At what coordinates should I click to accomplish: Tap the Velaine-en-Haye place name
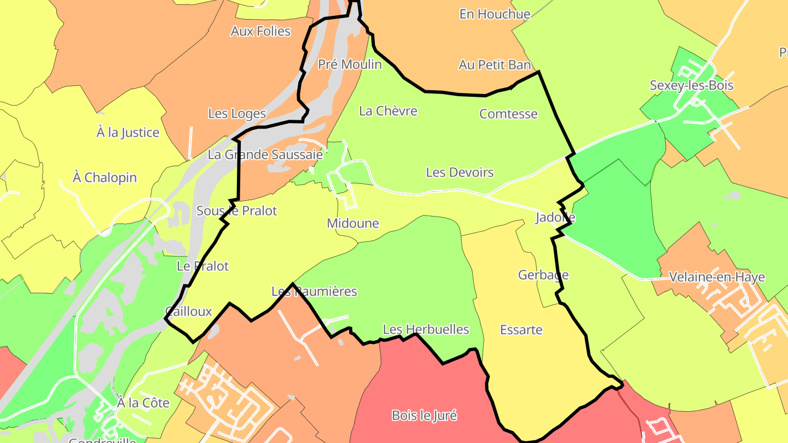point(717,277)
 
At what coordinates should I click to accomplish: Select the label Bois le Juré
point(424,415)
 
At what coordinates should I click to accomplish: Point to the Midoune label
point(352,223)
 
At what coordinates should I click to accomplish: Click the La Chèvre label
point(388,111)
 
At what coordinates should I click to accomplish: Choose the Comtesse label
point(508,114)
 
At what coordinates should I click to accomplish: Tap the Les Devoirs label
point(460,172)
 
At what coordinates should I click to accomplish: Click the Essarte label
point(521,330)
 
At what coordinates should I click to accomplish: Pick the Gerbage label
point(543,275)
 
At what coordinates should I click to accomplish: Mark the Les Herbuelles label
point(426,329)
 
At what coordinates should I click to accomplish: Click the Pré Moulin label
point(350,65)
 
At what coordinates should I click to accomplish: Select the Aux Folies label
point(260,31)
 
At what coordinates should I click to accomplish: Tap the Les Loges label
point(237,114)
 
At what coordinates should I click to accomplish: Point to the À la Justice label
point(128,132)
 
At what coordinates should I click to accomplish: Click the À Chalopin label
point(105,178)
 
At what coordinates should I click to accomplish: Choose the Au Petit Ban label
point(495,65)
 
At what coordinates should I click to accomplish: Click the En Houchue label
point(495,14)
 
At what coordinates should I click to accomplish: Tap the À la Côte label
point(143,403)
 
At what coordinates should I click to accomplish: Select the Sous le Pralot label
point(236,211)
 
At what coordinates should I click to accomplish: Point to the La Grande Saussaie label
point(265,155)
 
